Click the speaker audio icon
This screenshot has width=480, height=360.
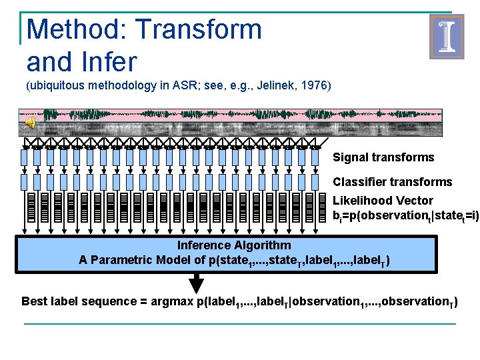click(30, 122)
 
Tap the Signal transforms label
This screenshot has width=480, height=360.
click(383, 158)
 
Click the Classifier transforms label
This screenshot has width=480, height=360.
click(392, 182)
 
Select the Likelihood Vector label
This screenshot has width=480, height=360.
click(383, 201)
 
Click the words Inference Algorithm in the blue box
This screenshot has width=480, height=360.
click(224, 245)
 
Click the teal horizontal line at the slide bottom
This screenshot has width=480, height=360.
click(240, 324)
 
